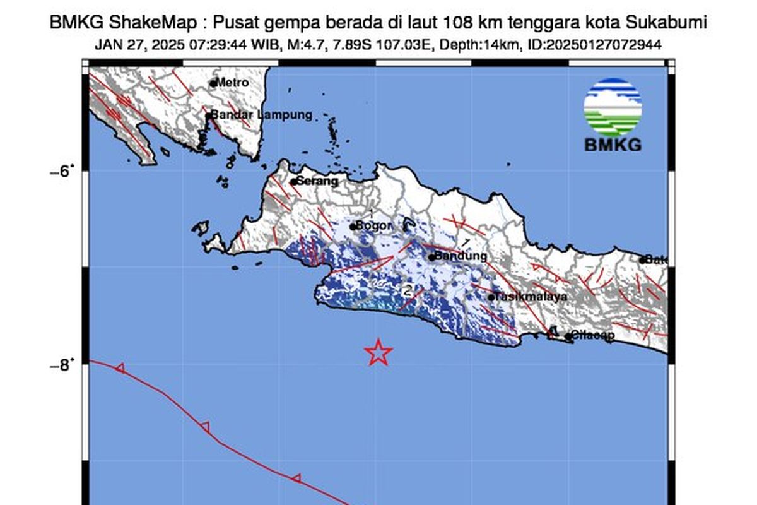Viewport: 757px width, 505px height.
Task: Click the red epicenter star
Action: [x=378, y=352]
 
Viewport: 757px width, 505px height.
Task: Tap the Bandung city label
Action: [x=461, y=256]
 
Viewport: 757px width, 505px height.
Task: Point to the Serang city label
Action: [x=317, y=181]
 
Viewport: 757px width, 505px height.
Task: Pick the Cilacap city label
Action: [x=593, y=336]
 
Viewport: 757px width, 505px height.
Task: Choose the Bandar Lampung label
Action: [x=261, y=115]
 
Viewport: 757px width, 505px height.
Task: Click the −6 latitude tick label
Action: [x=61, y=171]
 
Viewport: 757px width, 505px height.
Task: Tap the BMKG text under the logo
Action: [x=613, y=145]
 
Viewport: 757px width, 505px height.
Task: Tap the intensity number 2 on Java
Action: [x=408, y=291]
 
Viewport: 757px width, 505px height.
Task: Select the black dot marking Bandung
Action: [x=431, y=257]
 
